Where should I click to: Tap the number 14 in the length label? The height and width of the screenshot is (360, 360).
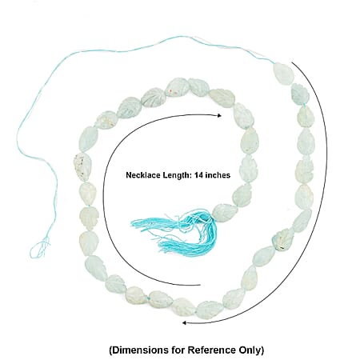199,175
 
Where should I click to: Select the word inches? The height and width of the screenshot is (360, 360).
218,175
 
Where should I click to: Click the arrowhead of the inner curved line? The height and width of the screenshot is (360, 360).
219,115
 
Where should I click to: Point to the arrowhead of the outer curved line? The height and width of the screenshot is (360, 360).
184,323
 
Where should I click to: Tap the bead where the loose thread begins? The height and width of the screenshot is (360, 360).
284,73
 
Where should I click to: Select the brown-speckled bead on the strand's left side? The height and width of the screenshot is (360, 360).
82,166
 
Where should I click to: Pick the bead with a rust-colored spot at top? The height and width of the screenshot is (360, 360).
177,88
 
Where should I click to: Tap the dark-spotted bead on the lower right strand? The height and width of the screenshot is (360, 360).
282,239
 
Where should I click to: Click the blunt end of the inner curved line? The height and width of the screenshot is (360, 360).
200,285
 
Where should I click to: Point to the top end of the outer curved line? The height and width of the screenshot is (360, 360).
292,62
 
